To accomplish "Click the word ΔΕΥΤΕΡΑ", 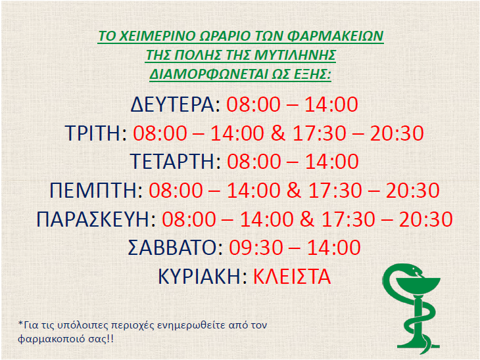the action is (x=172, y=104).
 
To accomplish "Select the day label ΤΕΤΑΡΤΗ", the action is (x=172, y=162).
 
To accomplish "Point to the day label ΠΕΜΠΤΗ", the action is (x=93, y=191).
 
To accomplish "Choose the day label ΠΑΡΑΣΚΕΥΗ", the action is (x=93, y=219).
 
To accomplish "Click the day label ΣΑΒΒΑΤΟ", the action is (x=172, y=248).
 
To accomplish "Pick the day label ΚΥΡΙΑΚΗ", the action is (x=200, y=277).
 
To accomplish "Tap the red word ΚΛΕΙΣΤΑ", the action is (x=292, y=277).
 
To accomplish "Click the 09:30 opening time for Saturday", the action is (x=256, y=248).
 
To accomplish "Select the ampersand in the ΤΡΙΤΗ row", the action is (x=278, y=133).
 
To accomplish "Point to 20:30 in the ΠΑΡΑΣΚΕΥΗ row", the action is (x=426, y=219).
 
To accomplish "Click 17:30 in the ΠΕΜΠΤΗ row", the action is (x=335, y=191).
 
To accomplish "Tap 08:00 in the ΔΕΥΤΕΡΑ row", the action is (x=253, y=104).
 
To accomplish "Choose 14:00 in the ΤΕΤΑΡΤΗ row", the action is (x=332, y=162).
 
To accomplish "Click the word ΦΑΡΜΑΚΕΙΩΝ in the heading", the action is (x=335, y=35).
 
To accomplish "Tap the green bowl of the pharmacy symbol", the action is (x=418, y=286).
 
